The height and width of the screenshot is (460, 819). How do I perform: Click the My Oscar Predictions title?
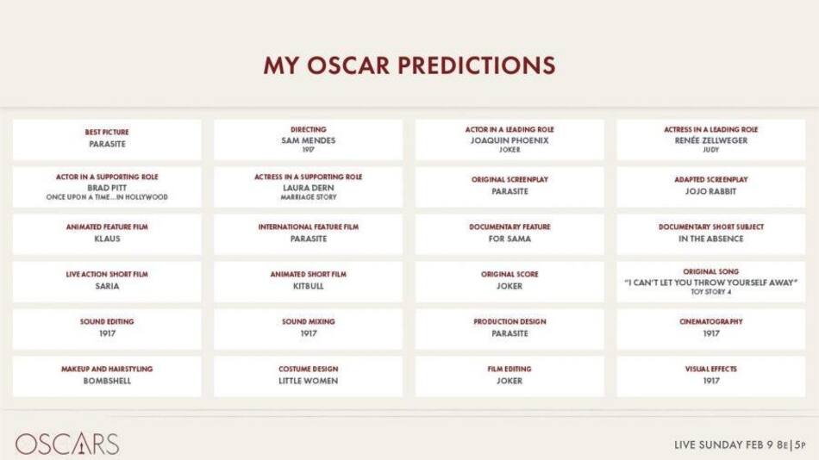(x=409, y=65)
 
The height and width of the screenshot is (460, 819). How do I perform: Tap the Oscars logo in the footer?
(x=66, y=444)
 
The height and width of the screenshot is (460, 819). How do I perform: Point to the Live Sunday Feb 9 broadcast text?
(x=740, y=445)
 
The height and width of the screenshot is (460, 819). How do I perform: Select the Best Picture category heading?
(x=107, y=132)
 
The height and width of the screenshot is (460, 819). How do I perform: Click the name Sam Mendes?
(x=308, y=140)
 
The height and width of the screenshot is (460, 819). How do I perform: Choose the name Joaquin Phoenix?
(x=510, y=140)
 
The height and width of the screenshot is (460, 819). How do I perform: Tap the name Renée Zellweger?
(x=711, y=140)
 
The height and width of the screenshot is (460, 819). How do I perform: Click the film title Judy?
(x=711, y=150)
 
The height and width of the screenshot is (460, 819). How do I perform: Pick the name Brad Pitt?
(x=107, y=188)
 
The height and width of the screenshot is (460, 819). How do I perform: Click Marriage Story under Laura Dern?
(x=308, y=197)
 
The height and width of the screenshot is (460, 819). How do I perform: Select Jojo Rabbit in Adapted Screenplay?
(x=711, y=191)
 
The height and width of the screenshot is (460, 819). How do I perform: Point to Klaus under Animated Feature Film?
(x=107, y=239)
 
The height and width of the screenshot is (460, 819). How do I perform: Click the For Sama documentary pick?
(x=510, y=239)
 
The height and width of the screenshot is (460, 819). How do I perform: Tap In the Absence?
(x=711, y=239)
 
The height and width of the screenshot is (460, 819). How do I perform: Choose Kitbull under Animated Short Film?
(x=308, y=286)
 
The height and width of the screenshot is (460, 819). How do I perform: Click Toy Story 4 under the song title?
(x=711, y=292)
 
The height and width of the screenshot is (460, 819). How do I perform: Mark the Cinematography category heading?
(x=711, y=321)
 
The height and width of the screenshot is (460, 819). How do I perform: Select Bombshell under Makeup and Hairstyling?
(x=107, y=381)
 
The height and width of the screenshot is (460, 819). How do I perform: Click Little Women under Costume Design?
(x=308, y=381)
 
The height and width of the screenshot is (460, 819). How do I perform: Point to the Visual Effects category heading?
(x=711, y=369)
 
